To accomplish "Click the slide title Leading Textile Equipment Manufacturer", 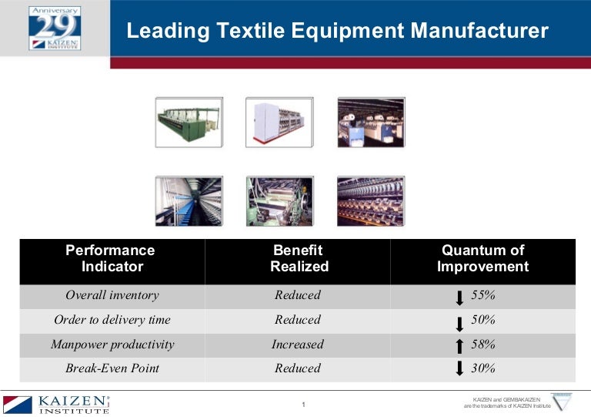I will (x=337, y=31).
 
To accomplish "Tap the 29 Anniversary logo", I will (x=54, y=28).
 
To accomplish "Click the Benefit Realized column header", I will (x=299, y=258).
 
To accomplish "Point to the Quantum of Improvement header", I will (x=482, y=258).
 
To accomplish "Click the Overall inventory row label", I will (x=112, y=295).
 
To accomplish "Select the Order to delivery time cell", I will (x=112, y=320).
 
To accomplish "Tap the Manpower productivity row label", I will (x=112, y=345).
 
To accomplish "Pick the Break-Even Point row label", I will (x=112, y=368).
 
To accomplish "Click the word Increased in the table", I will (x=298, y=345).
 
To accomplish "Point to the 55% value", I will (x=482, y=295).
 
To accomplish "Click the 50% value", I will (x=482, y=320).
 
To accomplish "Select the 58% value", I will (x=482, y=345).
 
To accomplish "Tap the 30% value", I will (x=482, y=368).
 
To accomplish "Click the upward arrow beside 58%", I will (x=460, y=347).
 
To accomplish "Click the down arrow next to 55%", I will (x=460, y=298).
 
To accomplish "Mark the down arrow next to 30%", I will (x=460, y=368).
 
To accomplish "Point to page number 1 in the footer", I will (x=304, y=405).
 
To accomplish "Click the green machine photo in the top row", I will (x=189, y=122).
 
